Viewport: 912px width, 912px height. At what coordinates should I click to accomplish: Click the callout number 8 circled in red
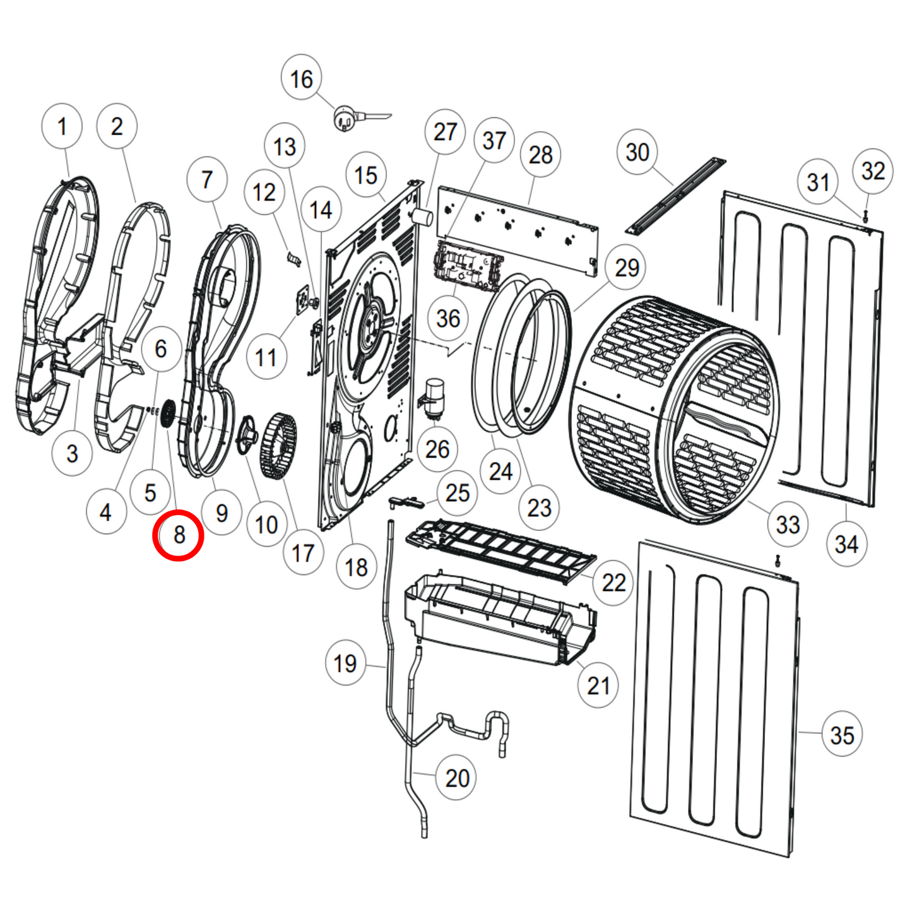click(179, 535)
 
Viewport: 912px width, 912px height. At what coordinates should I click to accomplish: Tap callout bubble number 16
click(301, 79)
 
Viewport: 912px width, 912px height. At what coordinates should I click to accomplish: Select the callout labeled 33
click(787, 524)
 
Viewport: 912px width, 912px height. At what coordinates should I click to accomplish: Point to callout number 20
click(457, 778)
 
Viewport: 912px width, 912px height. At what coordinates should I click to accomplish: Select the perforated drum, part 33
click(675, 404)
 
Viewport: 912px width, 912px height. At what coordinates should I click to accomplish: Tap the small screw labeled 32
click(865, 215)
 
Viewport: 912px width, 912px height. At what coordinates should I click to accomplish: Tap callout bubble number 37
click(494, 140)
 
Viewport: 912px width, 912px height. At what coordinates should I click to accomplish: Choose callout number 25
click(457, 492)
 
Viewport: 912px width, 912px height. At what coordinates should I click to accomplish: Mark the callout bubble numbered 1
click(62, 126)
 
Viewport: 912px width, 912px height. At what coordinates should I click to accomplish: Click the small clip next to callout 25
click(405, 501)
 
